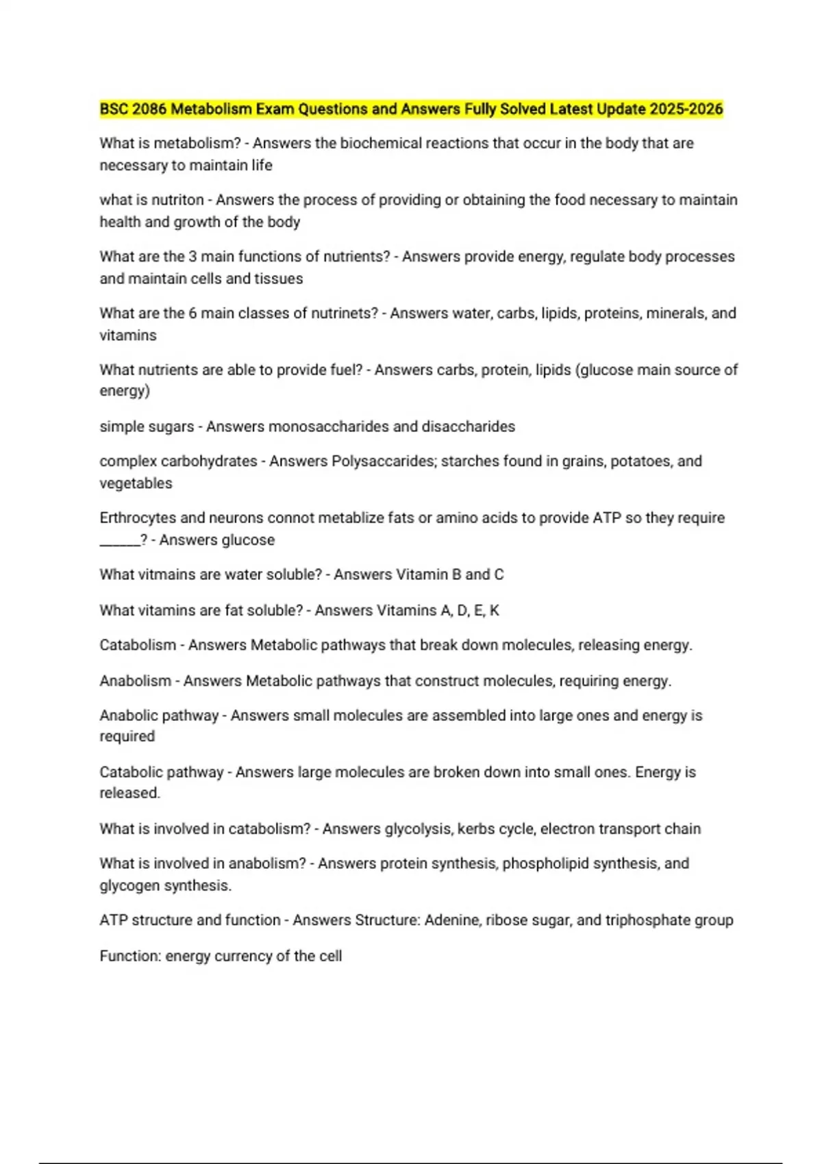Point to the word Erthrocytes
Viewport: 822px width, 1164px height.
[138, 518]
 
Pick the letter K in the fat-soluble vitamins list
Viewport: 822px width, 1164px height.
[495, 610]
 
